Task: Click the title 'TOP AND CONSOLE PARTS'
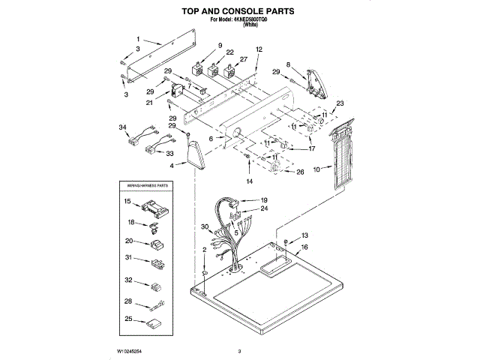pyautogui.click(x=239, y=11)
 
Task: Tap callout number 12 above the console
pyautogui.click(x=258, y=49)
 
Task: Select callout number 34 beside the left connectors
pyautogui.click(x=123, y=127)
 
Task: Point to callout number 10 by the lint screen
pyautogui.click(x=316, y=169)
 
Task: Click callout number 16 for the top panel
pyautogui.click(x=304, y=247)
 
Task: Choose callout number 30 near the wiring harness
pyautogui.click(x=203, y=227)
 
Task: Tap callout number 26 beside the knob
pyautogui.click(x=301, y=172)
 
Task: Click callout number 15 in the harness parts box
pyautogui.click(x=127, y=202)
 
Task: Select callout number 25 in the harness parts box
pyautogui.click(x=127, y=319)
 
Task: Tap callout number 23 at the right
pyautogui.click(x=340, y=103)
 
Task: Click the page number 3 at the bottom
pyautogui.click(x=239, y=350)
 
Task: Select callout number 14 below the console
pyautogui.click(x=250, y=181)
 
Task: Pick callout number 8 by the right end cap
pyautogui.click(x=288, y=64)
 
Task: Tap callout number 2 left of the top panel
pyautogui.click(x=203, y=250)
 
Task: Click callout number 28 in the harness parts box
pyautogui.click(x=127, y=301)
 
